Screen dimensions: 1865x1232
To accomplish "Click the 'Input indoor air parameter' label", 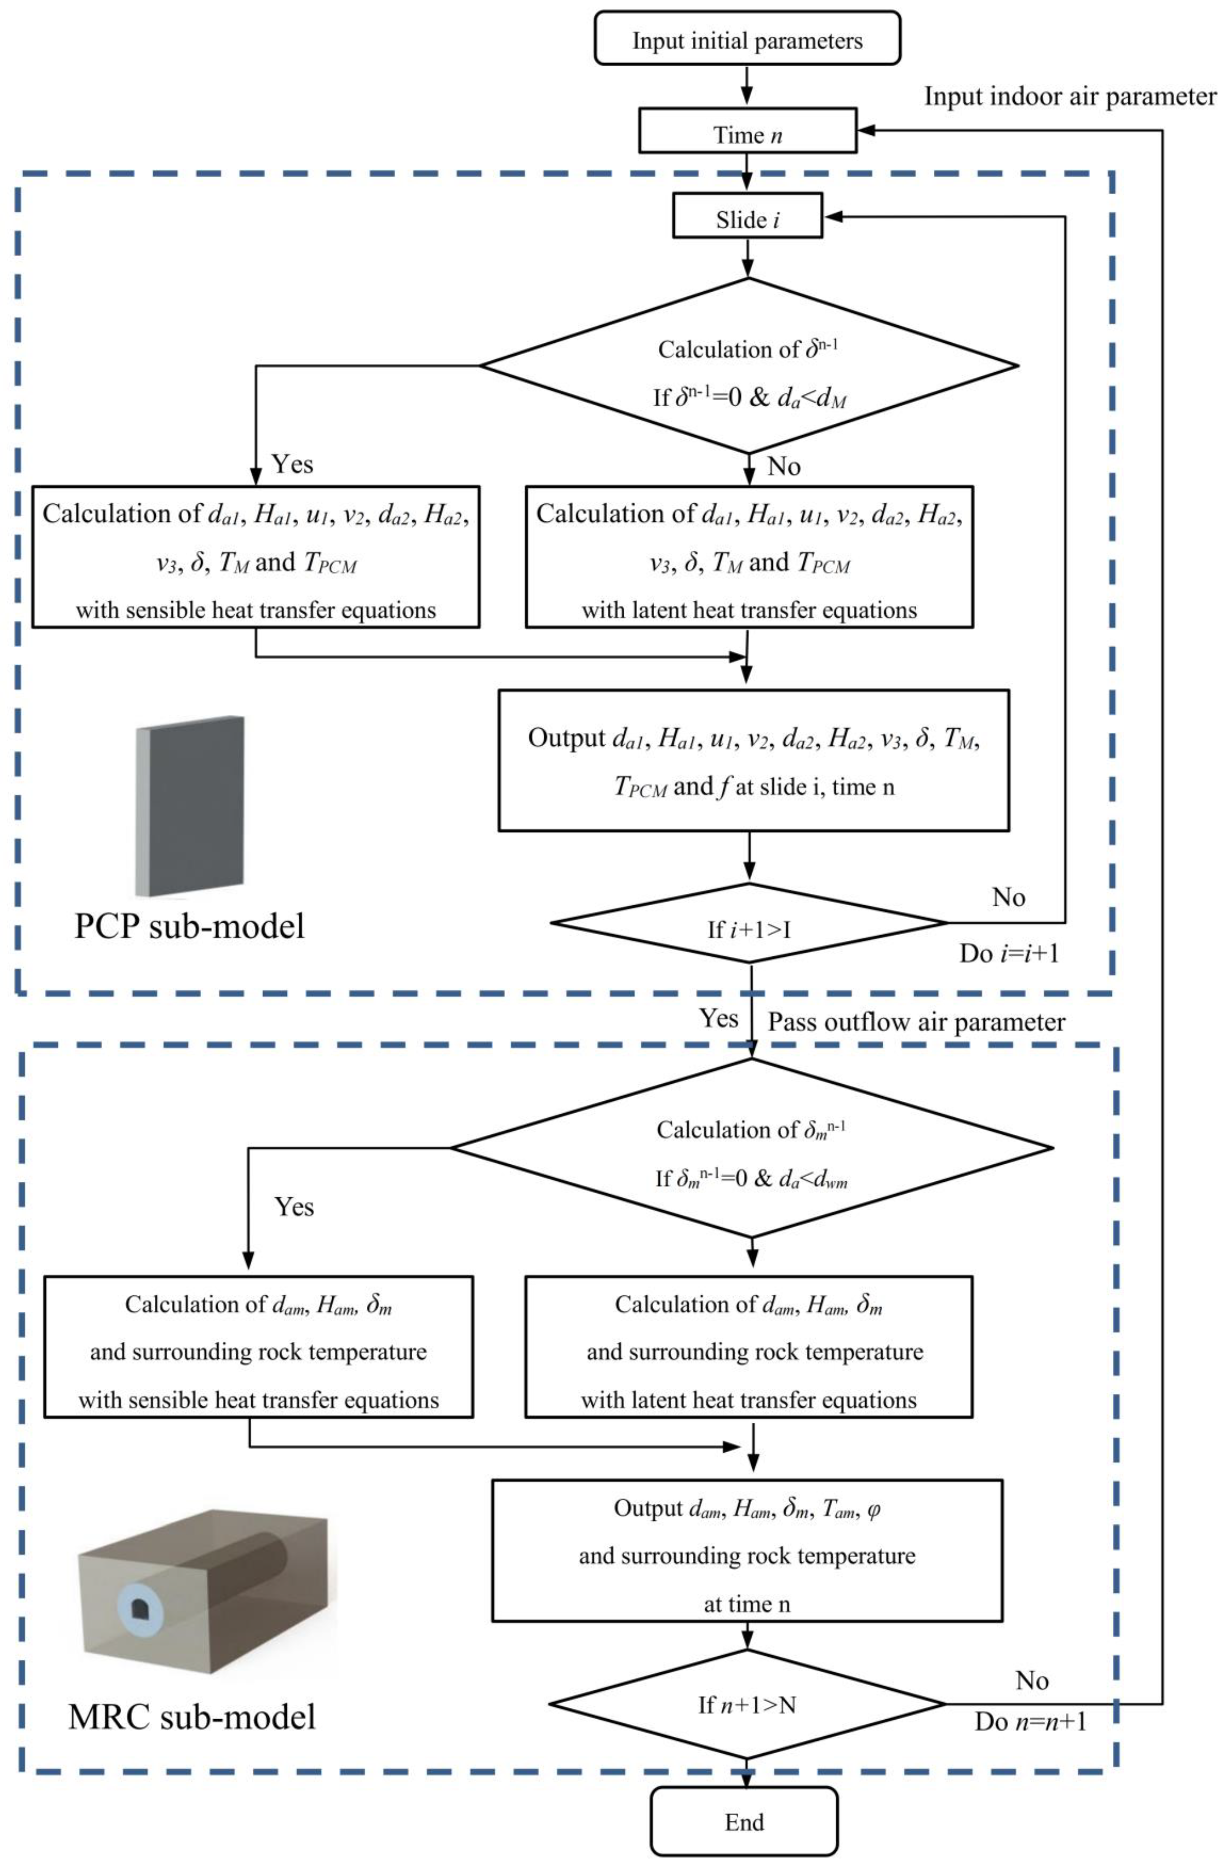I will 1069,96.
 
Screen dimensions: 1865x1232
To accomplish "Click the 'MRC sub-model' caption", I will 192,1717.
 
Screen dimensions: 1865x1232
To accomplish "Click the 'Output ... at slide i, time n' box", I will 753,760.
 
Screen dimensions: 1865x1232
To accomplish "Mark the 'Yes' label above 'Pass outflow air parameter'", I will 718,1018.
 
